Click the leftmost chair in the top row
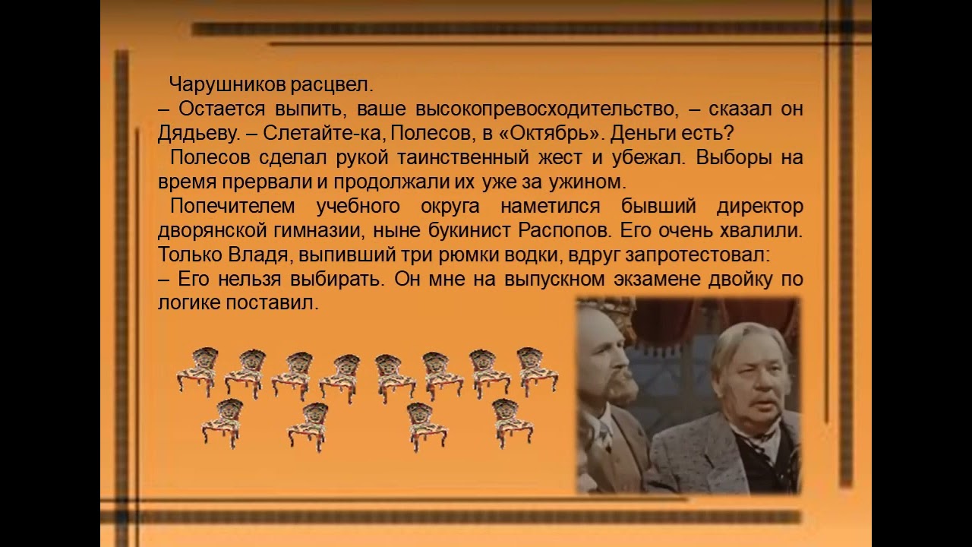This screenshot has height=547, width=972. point(197,371)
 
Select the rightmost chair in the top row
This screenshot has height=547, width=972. point(537,371)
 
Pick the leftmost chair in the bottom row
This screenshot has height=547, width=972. point(222,422)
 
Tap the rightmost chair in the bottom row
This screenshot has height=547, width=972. point(513,422)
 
